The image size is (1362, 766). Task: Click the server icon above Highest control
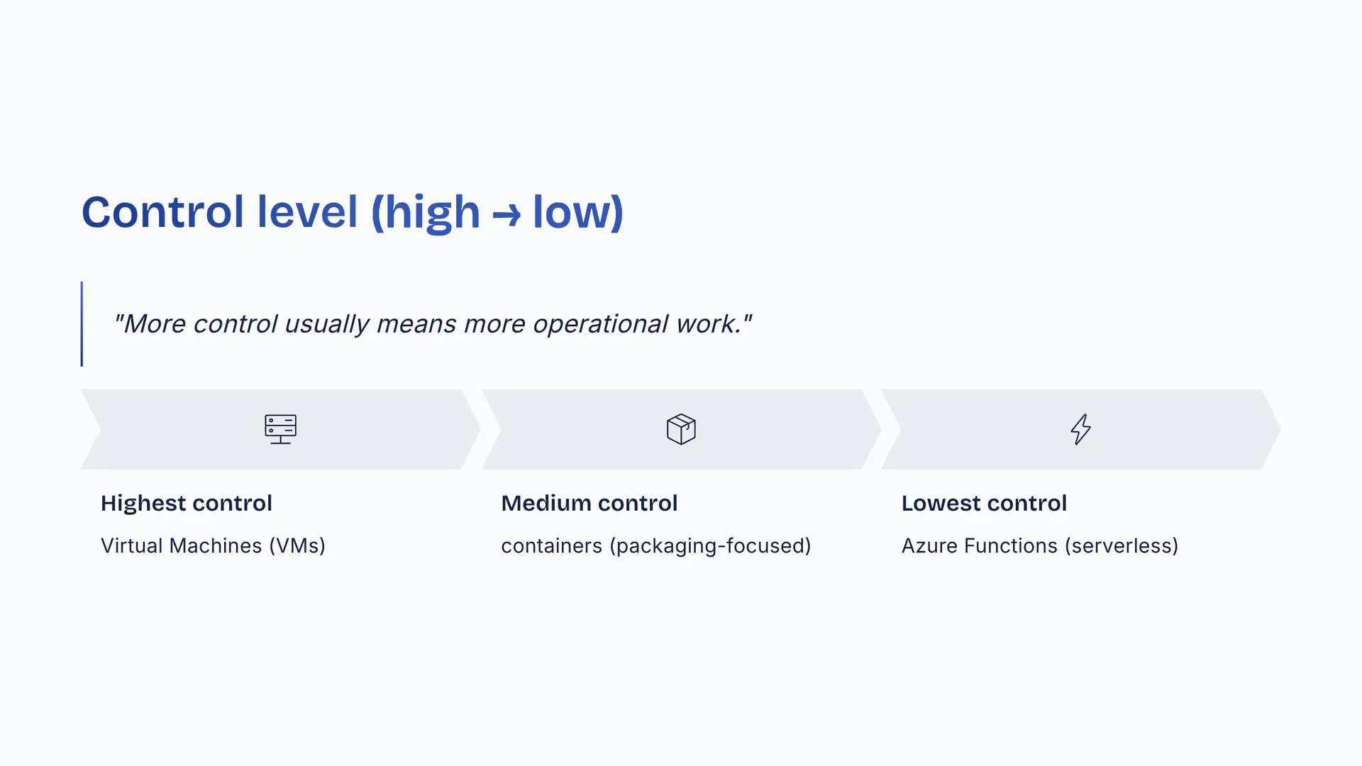[x=280, y=429]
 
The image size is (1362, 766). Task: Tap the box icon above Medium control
[x=681, y=429]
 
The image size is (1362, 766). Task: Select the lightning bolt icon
[x=1080, y=429]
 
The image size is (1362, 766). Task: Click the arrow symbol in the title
[x=506, y=214]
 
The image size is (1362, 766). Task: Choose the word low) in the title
[x=578, y=213]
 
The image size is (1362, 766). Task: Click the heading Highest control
[x=187, y=503]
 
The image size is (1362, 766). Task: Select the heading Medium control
[x=589, y=503]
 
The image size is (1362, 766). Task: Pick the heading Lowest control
[x=984, y=503]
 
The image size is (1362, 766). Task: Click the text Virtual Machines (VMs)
[x=213, y=545]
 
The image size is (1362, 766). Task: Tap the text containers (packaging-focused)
[x=656, y=545]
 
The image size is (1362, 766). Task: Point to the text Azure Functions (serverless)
[x=1040, y=545]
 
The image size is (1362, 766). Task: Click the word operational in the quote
[x=601, y=324]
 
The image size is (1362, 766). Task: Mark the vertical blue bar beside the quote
[x=82, y=324]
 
